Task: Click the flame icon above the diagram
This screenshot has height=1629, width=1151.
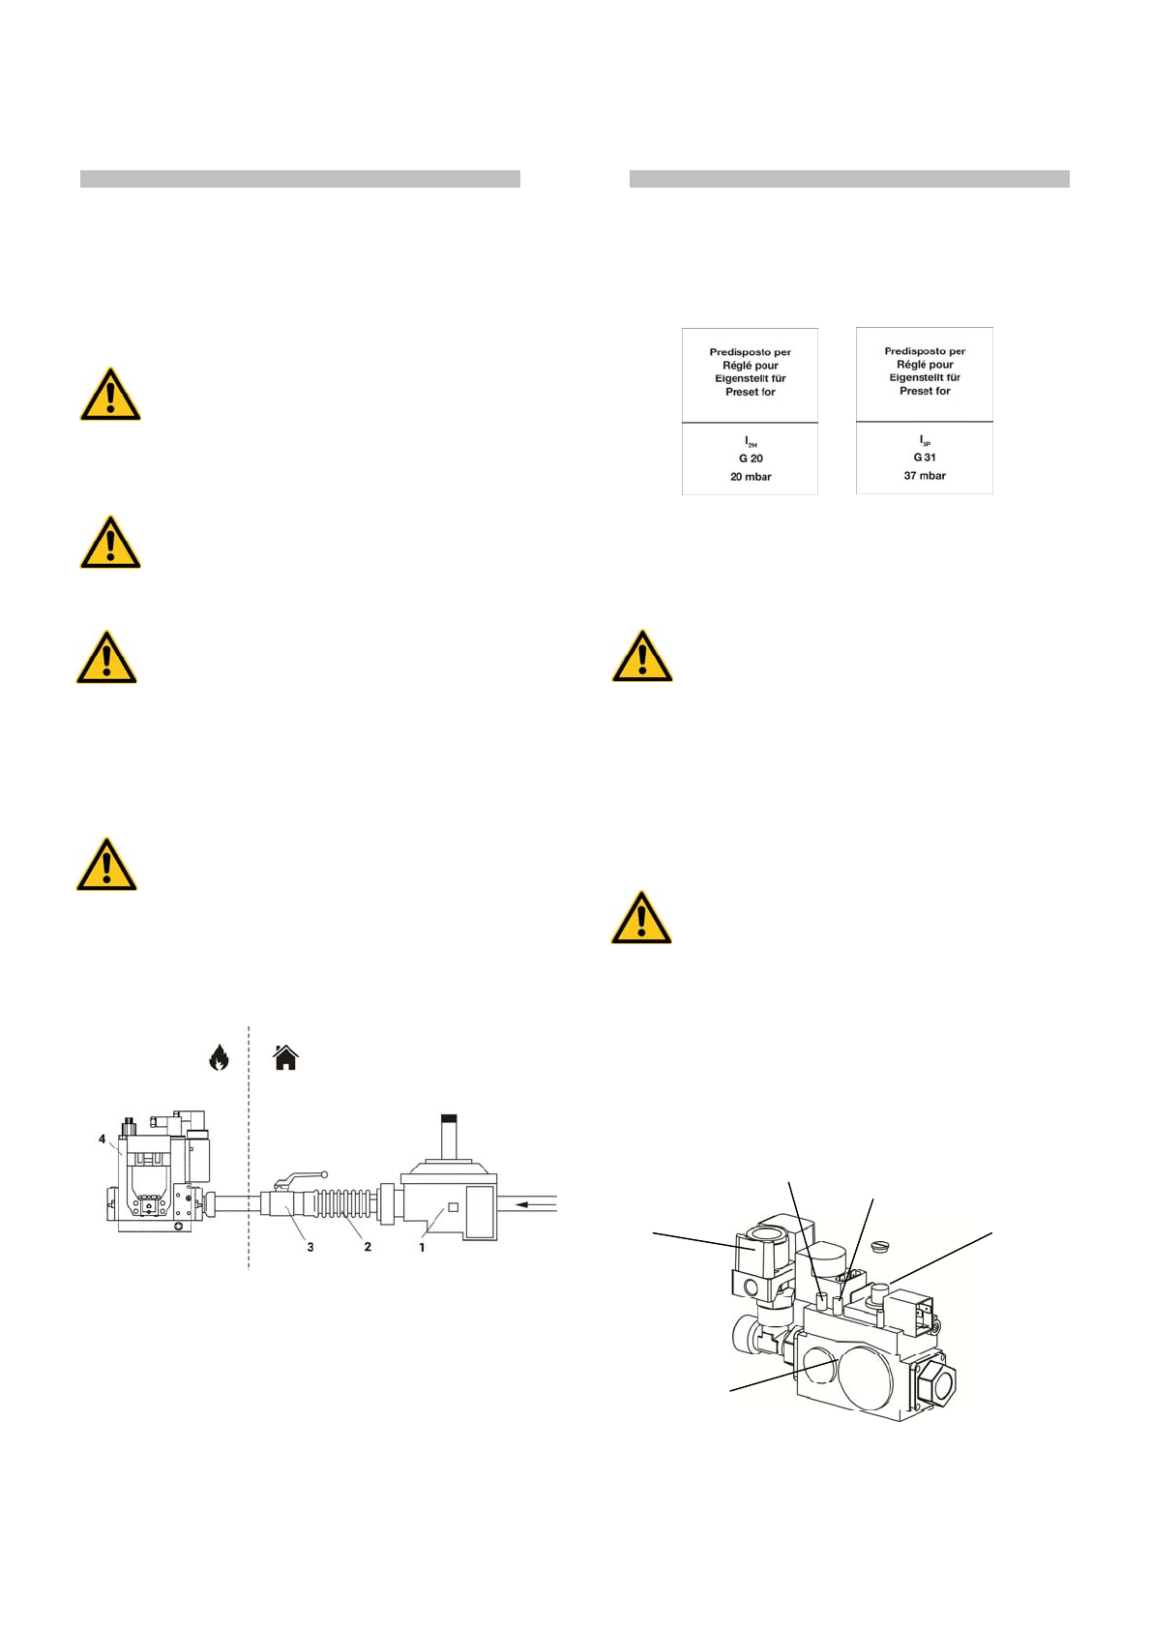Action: tap(219, 1057)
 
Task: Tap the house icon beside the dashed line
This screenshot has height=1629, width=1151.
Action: tap(285, 1057)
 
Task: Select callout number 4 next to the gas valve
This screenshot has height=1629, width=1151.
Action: tap(102, 1139)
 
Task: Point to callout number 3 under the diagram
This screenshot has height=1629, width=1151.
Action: tap(310, 1247)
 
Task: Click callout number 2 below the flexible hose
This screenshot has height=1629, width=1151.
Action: tap(368, 1247)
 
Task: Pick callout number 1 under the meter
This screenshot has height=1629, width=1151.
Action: tap(422, 1247)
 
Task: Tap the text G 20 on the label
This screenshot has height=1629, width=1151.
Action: tap(751, 459)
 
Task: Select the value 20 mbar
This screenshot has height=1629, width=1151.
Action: tap(751, 477)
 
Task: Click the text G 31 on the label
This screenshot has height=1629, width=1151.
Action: tap(925, 458)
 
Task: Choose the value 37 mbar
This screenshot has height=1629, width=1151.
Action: tap(925, 476)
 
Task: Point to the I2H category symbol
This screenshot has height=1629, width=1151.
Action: tap(751, 442)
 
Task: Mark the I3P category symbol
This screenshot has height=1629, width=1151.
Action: tap(925, 441)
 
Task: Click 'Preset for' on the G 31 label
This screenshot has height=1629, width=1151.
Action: tap(925, 391)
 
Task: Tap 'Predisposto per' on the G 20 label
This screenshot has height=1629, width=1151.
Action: tap(751, 352)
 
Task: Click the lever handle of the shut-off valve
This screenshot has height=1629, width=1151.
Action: tap(300, 1178)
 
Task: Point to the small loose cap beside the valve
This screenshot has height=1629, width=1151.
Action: tap(879, 1243)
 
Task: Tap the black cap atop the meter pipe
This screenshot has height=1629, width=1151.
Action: tap(449, 1118)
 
